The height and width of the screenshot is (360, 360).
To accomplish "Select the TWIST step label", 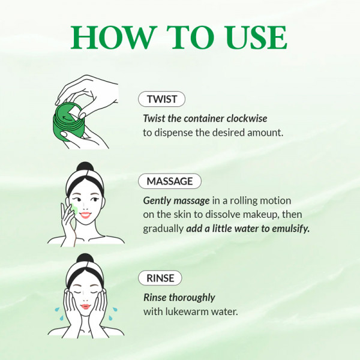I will (x=161, y=99).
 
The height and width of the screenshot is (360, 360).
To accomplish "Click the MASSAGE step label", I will (x=170, y=181).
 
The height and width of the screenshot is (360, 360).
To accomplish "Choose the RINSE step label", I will (x=160, y=278).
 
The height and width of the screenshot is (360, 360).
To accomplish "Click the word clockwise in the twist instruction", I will (x=242, y=118).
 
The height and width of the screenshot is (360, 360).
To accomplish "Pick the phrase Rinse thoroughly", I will (x=179, y=297).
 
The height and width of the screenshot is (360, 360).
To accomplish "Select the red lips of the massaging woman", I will (x=85, y=214).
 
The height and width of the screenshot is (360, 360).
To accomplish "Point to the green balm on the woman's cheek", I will (x=73, y=208).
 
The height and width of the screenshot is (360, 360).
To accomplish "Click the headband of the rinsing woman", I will (x=84, y=275).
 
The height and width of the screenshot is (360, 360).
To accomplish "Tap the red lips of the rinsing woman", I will (x=85, y=307).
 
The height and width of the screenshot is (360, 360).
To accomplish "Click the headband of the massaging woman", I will (x=84, y=182).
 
